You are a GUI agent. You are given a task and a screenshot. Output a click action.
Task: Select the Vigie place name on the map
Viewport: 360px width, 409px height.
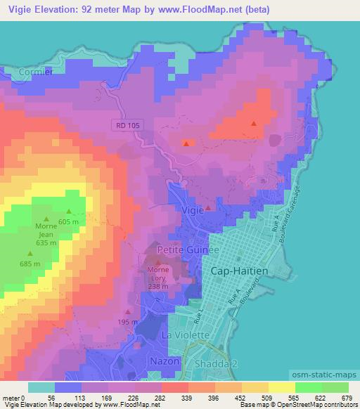click(x=191, y=209)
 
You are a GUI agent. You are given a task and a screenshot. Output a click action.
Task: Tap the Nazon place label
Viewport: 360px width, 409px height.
click(x=165, y=361)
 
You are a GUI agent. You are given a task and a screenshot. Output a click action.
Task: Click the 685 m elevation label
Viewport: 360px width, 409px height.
click(x=30, y=264)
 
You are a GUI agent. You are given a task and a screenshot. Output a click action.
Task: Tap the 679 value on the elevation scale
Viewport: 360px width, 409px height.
click(x=345, y=397)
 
